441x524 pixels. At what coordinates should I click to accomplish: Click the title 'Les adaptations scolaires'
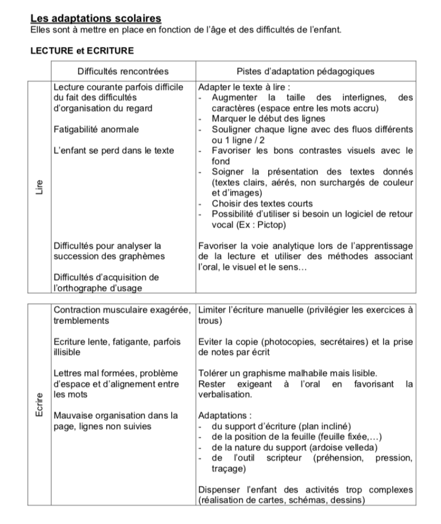(95, 19)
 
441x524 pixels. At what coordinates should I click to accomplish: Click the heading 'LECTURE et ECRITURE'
(82, 51)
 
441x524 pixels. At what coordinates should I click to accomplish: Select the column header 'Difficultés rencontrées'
(123, 71)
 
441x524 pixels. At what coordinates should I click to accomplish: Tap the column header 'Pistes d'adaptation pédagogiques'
(305, 71)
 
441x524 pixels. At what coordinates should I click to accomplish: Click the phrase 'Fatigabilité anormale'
(96, 129)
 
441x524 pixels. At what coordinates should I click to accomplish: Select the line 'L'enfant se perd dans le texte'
(113, 151)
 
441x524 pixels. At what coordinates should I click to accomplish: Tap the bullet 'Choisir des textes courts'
(262, 203)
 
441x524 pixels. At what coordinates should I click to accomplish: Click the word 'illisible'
(67, 352)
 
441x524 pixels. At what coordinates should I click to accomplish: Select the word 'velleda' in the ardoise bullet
(362, 447)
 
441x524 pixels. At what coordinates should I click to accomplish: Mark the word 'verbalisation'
(224, 394)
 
